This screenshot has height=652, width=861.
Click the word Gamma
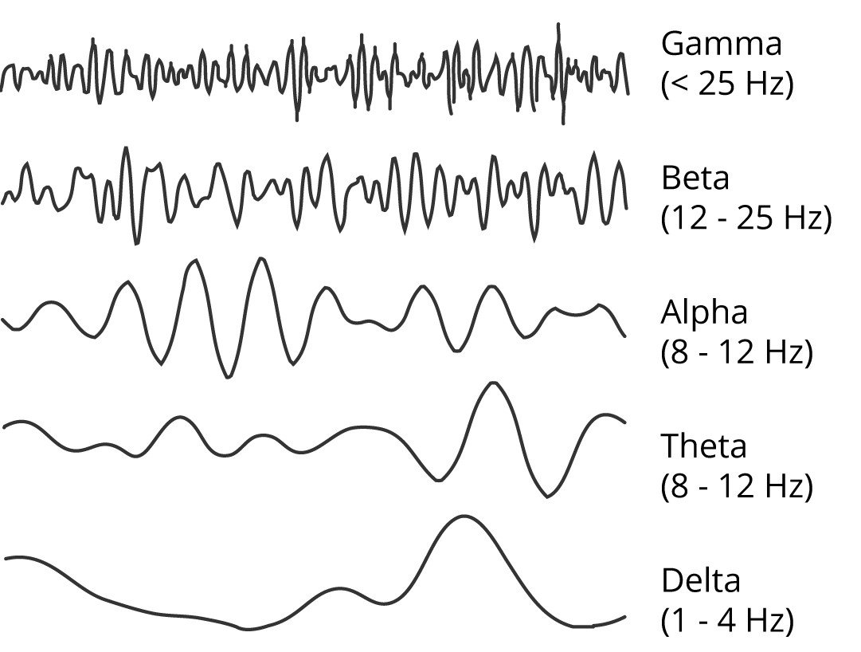(x=721, y=44)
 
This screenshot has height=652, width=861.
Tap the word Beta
(x=695, y=178)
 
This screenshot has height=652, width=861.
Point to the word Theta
(x=704, y=446)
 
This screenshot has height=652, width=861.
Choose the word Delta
(x=701, y=580)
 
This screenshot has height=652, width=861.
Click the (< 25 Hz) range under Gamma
(x=727, y=84)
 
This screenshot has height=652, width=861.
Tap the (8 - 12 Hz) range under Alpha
(x=737, y=352)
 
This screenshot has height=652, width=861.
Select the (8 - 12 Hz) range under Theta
(x=737, y=486)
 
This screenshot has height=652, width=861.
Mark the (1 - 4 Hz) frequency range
(x=727, y=621)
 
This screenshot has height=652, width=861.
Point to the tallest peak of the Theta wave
(x=494, y=383)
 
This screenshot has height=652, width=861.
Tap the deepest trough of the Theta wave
(x=547, y=497)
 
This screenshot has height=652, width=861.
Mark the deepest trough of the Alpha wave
(x=227, y=377)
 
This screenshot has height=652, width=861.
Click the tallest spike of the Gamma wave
(x=558, y=25)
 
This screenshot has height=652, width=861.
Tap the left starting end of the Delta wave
(x=5, y=559)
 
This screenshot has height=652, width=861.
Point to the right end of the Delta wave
(x=625, y=617)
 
